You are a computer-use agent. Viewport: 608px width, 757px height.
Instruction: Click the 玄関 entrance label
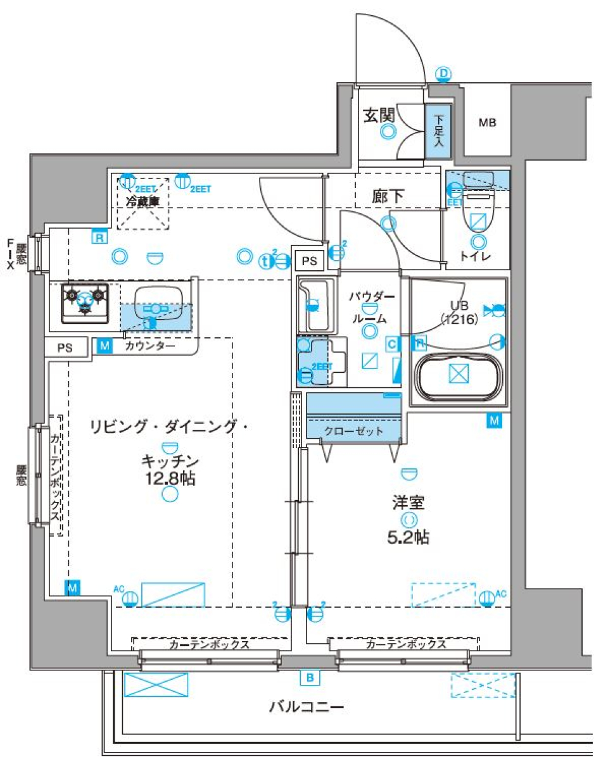coord(379,115)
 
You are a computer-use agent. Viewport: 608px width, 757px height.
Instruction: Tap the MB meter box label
coord(486,123)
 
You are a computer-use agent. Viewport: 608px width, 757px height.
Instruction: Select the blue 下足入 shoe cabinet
coord(438,130)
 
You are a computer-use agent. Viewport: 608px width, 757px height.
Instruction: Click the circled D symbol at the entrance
coord(443,74)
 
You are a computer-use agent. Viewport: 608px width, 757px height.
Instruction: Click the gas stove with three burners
coord(85,302)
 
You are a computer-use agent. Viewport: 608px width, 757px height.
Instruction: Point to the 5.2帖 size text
coord(408,538)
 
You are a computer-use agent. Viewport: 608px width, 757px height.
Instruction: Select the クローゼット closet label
coord(353,431)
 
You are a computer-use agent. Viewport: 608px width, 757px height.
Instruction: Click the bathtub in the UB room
coord(458,374)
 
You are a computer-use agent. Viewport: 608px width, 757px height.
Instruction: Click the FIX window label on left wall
coord(11,253)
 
